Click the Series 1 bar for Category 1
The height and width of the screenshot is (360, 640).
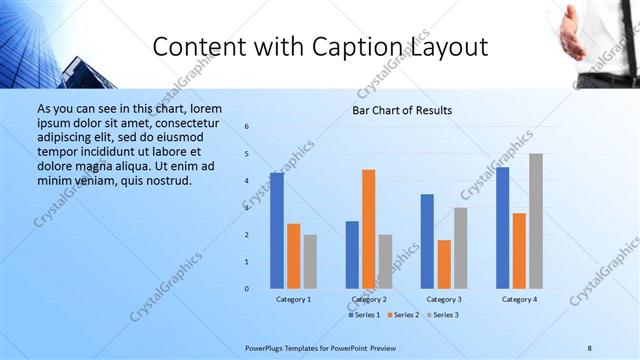[x=277, y=230]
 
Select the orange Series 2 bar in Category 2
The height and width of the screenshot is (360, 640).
[x=369, y=229]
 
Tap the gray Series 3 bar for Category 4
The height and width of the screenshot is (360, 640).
[x=536, y=221]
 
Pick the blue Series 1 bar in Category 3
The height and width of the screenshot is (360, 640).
[x=427, y=241]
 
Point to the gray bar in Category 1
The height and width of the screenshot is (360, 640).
[x=310, y=261]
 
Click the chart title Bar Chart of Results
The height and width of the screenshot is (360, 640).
[x=402, y=110]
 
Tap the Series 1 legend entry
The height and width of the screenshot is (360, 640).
[x=364, y=315]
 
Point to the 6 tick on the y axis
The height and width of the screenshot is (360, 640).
[x=247, y=127]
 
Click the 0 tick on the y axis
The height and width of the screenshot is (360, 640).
[x=247, y=289]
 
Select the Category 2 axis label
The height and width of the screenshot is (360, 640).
[x=368, y=299]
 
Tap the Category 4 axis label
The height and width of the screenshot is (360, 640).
[x=519, y=299]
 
